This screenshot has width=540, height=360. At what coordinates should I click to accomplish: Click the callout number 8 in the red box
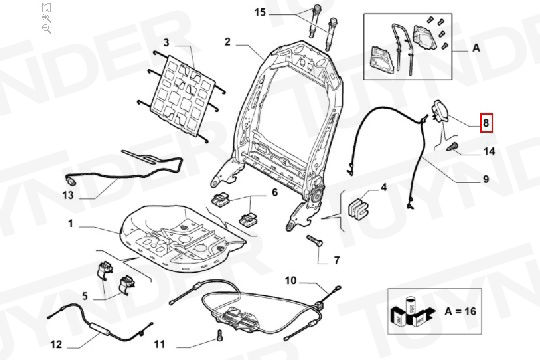486,123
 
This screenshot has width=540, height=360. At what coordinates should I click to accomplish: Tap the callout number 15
260,12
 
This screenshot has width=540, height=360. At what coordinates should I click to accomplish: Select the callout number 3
166,42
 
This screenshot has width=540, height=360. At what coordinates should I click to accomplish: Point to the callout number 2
227,42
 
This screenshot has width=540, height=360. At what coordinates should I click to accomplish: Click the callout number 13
68,195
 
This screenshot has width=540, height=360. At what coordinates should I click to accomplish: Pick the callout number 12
56,344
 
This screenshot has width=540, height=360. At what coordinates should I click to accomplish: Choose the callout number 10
290,281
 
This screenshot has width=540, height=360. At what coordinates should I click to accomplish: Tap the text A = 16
460,311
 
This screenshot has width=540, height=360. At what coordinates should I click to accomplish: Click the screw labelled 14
452,147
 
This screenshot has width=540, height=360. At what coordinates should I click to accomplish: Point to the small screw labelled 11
220,336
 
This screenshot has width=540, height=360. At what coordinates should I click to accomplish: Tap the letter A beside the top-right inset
476,48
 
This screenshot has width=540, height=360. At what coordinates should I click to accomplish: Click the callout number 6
274,192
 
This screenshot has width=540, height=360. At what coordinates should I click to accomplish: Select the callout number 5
85,296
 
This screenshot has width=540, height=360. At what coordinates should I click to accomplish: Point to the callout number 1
71,224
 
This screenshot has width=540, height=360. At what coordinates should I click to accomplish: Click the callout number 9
486,179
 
